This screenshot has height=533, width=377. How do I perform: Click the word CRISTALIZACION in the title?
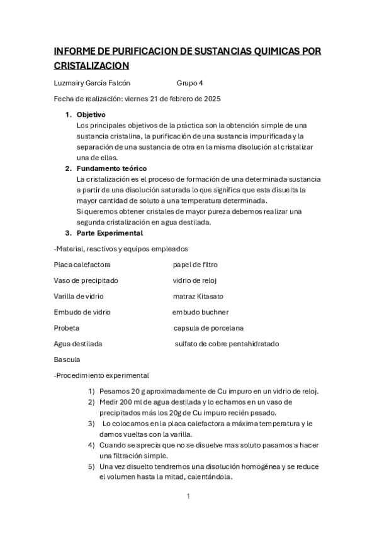[92, 65]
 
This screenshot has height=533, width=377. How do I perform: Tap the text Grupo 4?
[189, 83]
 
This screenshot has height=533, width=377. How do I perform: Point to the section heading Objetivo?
[91, 115]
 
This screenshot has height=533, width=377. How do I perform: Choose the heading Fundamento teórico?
[111, 168]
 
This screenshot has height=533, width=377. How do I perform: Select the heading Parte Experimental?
[110, 233]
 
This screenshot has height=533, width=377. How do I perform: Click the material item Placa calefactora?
[82, 265]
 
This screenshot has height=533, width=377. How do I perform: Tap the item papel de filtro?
[195, 265]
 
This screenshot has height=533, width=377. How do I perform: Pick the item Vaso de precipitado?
[86, 280]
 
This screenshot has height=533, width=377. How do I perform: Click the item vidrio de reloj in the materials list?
[194, 280]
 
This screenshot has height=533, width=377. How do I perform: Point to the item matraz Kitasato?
[198, 296]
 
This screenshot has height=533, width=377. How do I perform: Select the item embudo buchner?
[200, 312]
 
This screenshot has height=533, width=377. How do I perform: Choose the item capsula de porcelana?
[208, 328]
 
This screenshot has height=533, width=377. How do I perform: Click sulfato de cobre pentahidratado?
[227, 344]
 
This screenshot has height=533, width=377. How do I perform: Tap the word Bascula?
[67, 360]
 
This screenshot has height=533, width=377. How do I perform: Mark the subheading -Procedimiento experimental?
[102, 375]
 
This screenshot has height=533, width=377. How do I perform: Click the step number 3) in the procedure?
[92, 423]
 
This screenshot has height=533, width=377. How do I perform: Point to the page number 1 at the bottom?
[188, 497]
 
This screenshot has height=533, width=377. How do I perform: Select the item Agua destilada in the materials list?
[79, 344]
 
